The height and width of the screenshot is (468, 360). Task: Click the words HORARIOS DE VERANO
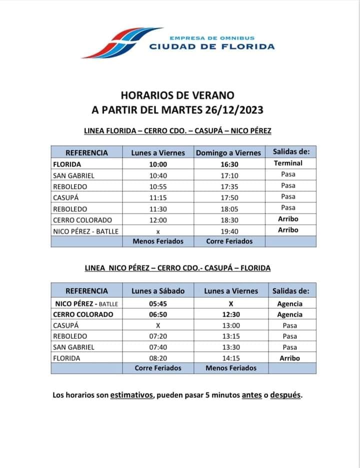(177, 95)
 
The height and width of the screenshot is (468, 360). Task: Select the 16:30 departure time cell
(228, 164)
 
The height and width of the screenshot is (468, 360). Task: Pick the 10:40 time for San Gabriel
(158, 175)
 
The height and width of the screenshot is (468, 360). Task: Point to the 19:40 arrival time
(228, 231)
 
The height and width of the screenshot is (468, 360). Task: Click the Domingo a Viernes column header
(228, 153)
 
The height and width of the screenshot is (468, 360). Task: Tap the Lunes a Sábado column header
(158, 291)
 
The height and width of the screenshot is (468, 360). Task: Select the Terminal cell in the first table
(288, 163)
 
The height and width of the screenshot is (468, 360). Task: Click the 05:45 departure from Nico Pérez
(158, 304)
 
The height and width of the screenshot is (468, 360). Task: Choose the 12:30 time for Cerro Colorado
(231, 314)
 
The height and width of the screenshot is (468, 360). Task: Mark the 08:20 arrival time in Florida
(158, 358)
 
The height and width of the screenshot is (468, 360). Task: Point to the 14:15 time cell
(231, 358)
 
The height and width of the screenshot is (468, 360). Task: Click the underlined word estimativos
(131, 395)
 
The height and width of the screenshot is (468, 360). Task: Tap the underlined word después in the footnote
(286, 395)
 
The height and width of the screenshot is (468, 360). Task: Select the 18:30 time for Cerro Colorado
(228, 220)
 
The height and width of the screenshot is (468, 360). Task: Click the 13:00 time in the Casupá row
(231, 325)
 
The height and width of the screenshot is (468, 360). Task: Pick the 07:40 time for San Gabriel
(158, 347)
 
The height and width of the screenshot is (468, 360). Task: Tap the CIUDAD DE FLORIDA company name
(212, 47)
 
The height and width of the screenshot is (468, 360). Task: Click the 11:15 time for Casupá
(158, 197)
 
